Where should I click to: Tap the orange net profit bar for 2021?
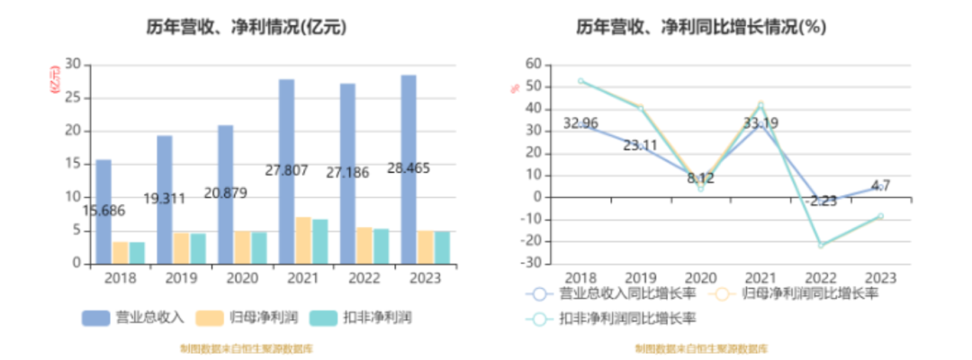[x=303, y=240]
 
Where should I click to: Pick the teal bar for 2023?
[x=442, y=247]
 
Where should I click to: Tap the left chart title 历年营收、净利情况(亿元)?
[x=247, y=28]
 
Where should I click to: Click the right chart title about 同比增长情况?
[x=701, y=28]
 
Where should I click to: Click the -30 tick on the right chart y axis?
[x=532, y=264]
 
